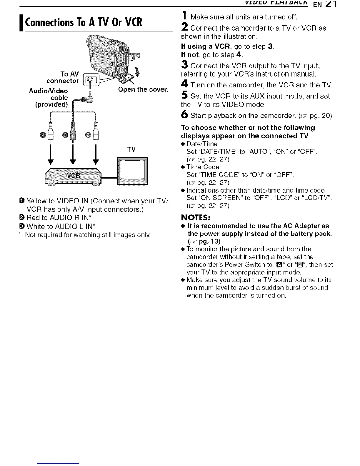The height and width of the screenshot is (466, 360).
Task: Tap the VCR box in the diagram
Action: click(x=74, y=176)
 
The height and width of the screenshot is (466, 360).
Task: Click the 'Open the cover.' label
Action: click(x=143, y=89)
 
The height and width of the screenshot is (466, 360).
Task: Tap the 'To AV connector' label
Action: click(x=63, y=78)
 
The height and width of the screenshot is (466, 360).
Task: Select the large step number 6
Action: click(x=184, y=115)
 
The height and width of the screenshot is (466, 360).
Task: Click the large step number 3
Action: click(x=184, y=64)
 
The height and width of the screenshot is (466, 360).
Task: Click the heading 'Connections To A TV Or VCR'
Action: click(x=84, y=22)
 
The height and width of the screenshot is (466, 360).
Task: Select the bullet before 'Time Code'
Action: click(x=183, y=167)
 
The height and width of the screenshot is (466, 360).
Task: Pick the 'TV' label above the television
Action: click(x=131, y=150)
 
